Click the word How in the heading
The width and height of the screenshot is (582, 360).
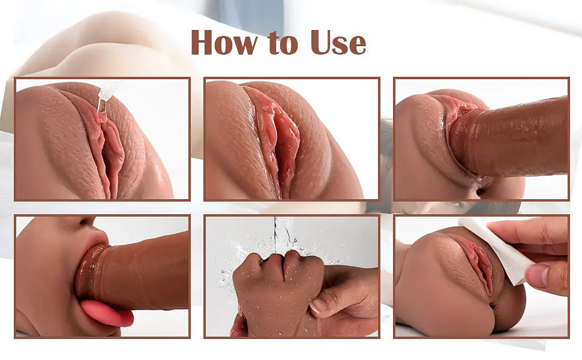[223, 42]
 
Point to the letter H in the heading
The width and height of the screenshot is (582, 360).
[203, 42]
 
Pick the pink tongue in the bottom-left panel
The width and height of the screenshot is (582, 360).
[107, 313]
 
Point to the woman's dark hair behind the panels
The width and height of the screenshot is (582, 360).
[494, 207]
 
